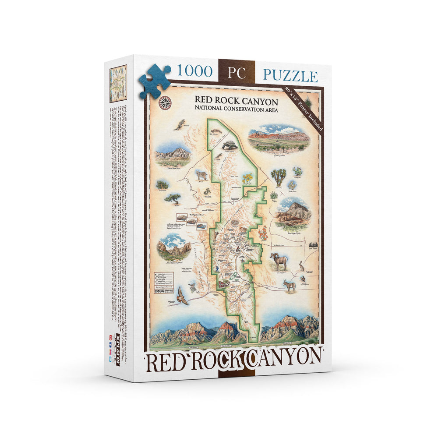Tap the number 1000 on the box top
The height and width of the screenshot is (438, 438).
[x=194, y=71]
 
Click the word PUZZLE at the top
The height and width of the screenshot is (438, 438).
[x=290, y=75]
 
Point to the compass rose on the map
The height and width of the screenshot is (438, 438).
[x=166, y=103]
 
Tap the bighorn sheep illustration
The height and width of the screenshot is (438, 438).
[x=279, y=261]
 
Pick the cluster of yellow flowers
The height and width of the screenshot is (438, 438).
[x=247, y=178]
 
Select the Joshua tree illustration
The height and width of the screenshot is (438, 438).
[x=279, y=177]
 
